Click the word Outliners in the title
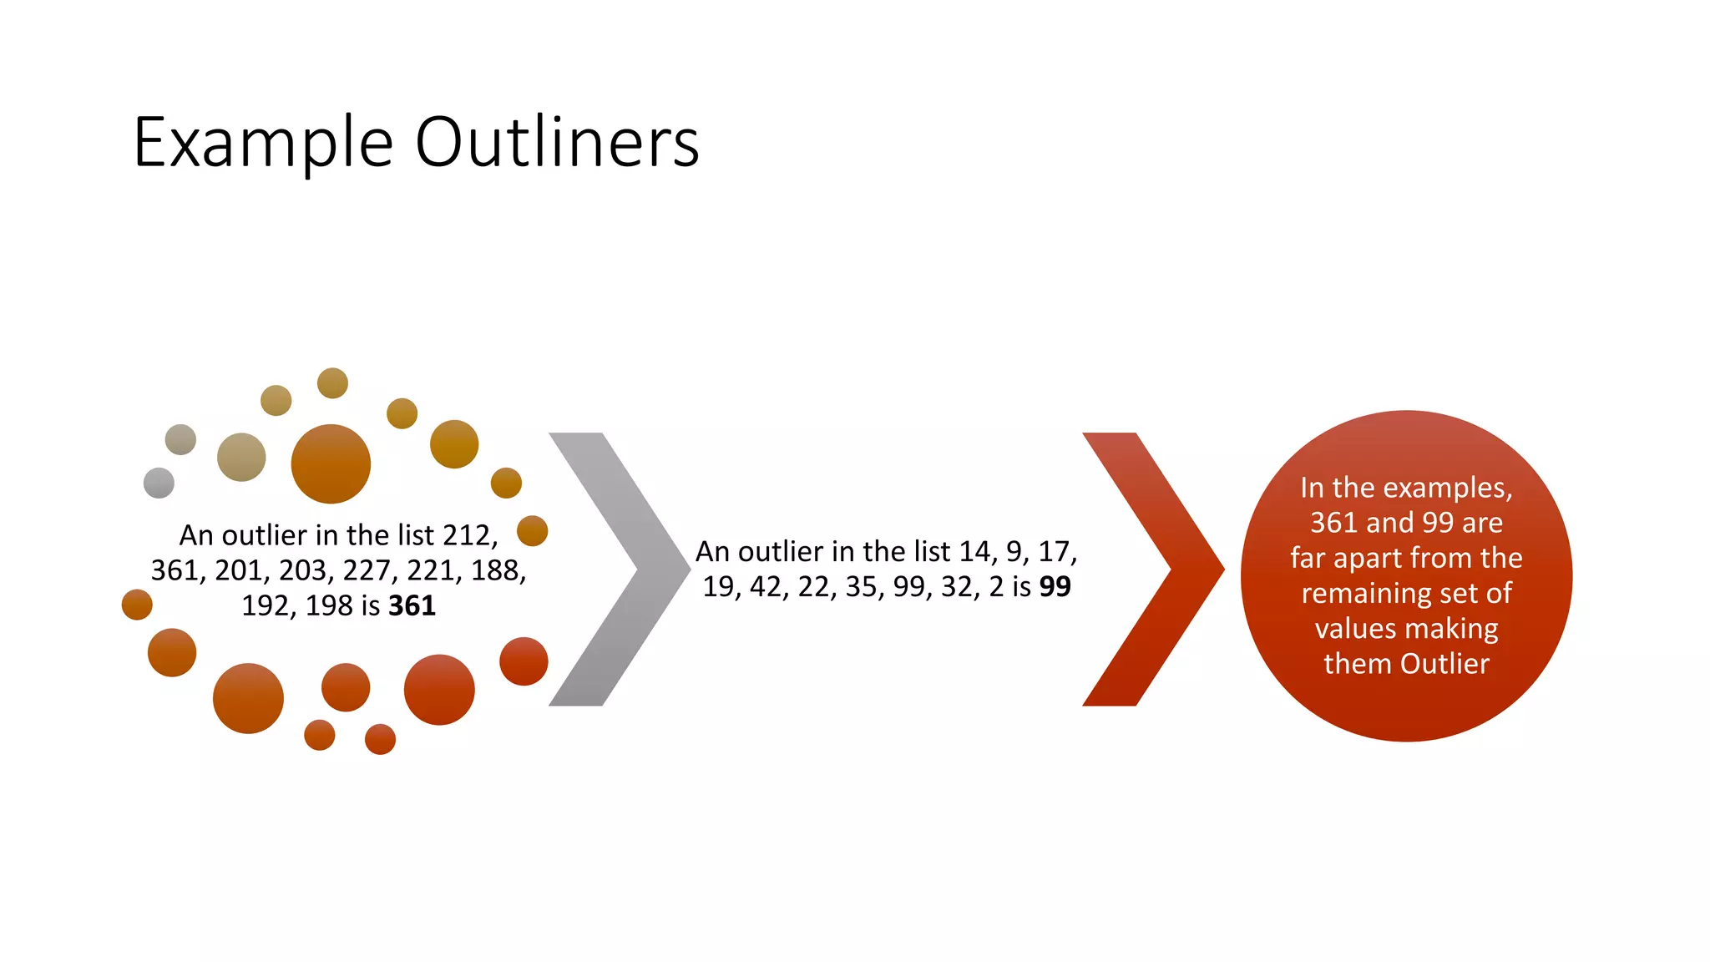[557, 142]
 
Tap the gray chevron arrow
[620, 569]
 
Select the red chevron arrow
[1152, 569]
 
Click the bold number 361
[412, 605]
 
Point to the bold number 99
[1055, 587]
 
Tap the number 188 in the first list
[498, 570]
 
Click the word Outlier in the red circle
[1444, 664]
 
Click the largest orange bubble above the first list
[331, 463]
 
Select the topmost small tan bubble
[332, 383]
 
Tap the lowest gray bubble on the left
[159, 483]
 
